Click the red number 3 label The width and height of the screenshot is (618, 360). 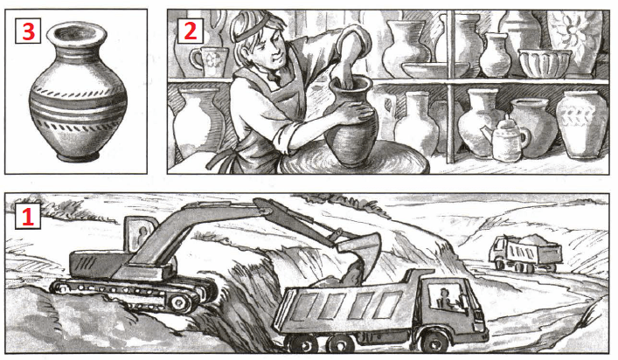[28, 31]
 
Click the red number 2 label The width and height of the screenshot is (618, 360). [191, 31]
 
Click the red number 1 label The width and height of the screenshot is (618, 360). [28, 217]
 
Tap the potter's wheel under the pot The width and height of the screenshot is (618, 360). [355, 160]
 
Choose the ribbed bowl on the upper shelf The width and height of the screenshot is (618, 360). [545, 63]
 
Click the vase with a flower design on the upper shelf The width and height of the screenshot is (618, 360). [574, 39]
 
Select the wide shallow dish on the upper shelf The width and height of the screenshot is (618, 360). [435, 70]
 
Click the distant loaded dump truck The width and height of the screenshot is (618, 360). [525, 253]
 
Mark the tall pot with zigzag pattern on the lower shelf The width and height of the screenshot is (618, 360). [581, 124]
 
